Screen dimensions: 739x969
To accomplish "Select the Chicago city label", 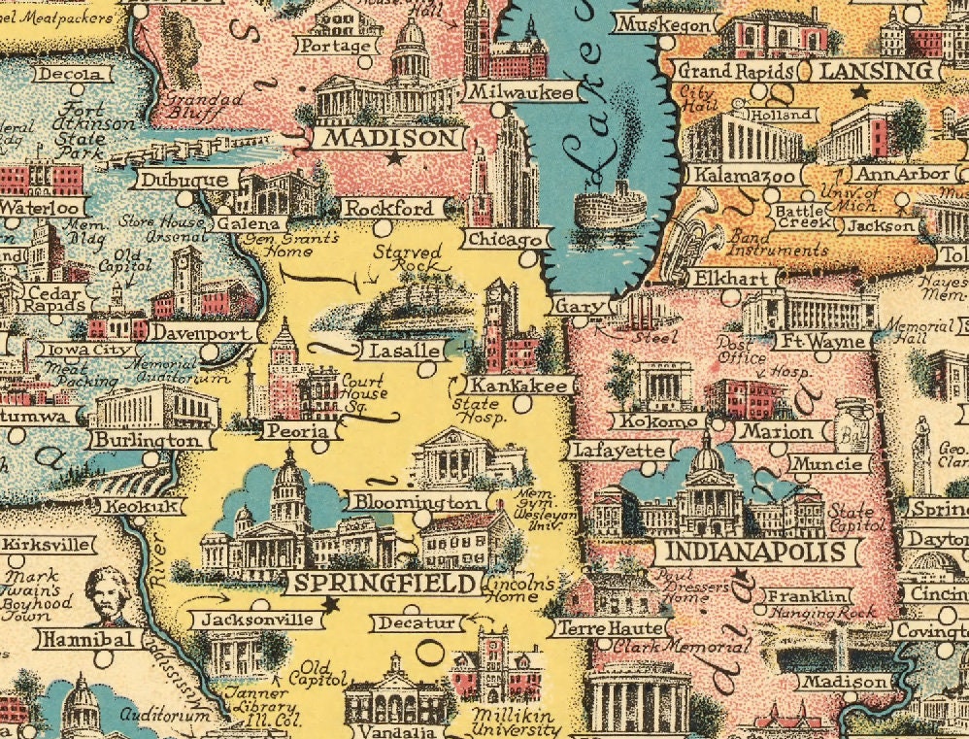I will coord(505,239).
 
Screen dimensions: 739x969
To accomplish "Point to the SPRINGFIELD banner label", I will coord(384,584).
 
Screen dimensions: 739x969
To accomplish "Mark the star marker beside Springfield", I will coord(330,604).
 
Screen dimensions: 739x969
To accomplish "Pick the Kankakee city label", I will coord(518,386).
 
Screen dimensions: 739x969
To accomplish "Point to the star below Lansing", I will coord(858,92).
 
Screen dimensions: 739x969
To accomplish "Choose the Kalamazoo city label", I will coord(746,176).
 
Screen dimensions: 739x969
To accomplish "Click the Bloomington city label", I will coord(417,502).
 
